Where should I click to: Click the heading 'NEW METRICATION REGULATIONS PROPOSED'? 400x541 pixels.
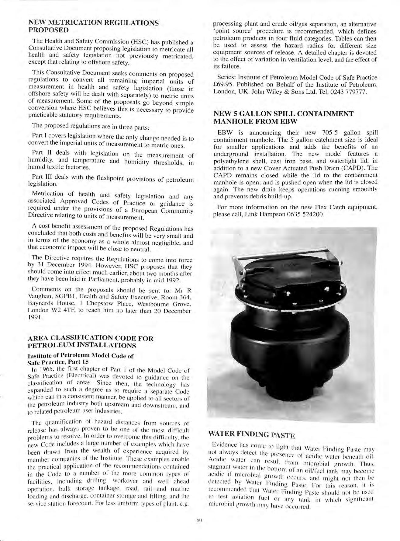[93, 26]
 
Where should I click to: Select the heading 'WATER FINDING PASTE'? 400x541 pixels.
[252, 434]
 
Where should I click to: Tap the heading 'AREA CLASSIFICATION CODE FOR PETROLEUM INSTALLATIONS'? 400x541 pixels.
[91, 342]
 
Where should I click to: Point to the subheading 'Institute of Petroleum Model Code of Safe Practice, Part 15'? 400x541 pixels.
[81, 359]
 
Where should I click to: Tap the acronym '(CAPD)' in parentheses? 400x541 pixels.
[350, 168]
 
